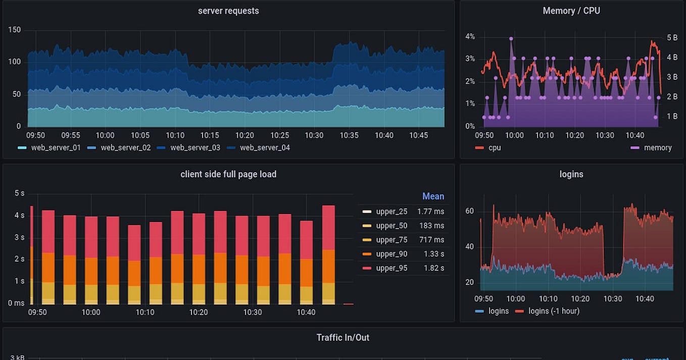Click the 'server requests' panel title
click(x=228, y=11)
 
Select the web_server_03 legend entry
click(x=195, y=147)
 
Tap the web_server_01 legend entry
click(x=56, y=147)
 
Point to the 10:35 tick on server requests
click(x=349, y=135)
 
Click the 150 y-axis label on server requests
click(x=15, y=30)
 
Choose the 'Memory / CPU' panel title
click(x=571, y=11)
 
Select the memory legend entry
click(x=657, y=147)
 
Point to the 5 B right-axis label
click(x=672, y=37)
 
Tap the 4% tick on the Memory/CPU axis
click(x=470, y=36)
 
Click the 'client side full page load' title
click(x=228, y=174)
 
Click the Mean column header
click(x=433, y=196)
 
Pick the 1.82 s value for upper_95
click(x=431, y=268)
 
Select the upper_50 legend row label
click(x=391, y=226)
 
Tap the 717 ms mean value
click(x=431, y=240)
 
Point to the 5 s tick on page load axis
click(x=19, y=193)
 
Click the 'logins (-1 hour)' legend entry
click(x=554, y=311)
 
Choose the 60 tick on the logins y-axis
click(x=469, y=211)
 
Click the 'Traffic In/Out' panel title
click(x=342, y=337)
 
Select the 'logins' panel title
click(x=571, y=174)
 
